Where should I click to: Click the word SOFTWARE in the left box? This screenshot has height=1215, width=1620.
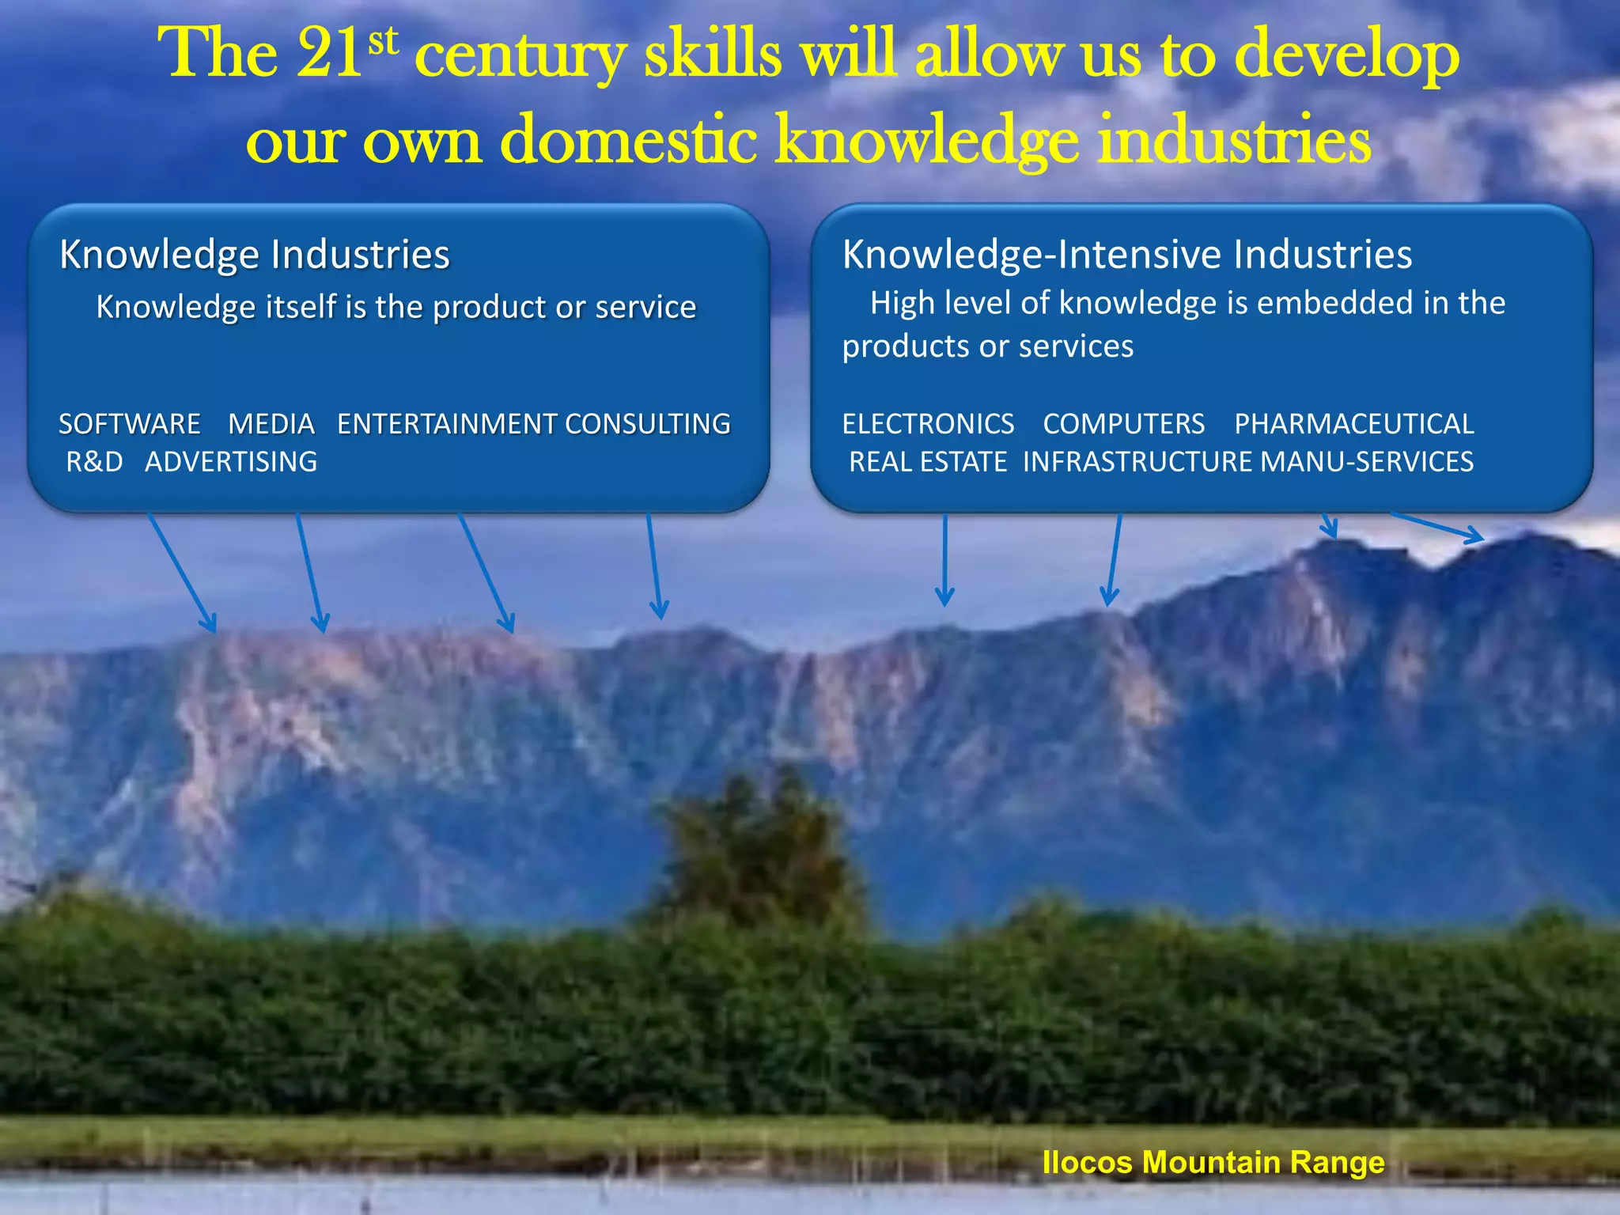click(x=130, y=424)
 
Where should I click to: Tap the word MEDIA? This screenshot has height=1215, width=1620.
click(x=271, y=424)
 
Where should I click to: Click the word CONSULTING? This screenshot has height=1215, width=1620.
click(x=648, y=424)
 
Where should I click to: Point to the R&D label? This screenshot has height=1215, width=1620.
click(x=95, y=462)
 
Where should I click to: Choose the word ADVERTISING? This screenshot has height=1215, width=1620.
click(x=231, y=462)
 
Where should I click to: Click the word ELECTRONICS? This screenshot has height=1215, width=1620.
click(x=928, y=424)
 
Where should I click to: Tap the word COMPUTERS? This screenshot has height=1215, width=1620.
click(x=1124, y=424)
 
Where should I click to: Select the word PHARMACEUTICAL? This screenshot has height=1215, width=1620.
click(x=1354, y=424)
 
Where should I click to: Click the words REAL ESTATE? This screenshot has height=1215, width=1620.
click(x=928, y=462)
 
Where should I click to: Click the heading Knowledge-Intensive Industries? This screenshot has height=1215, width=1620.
click(x=1127, y=255)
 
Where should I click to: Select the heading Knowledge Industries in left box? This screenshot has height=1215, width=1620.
click(x=255, y=255)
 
